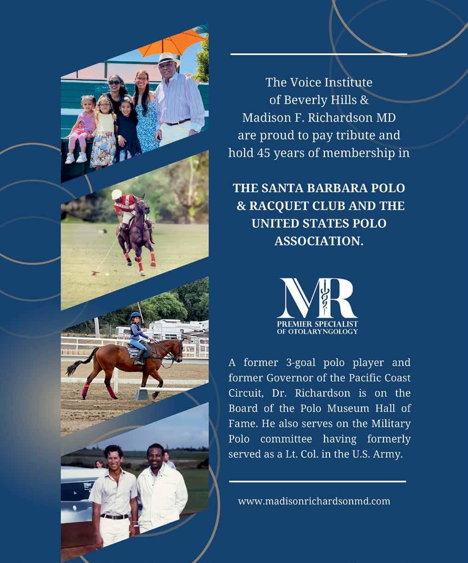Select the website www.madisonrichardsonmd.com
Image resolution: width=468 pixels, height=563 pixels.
(314, 501)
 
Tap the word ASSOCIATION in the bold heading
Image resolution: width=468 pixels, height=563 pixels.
(318, 241)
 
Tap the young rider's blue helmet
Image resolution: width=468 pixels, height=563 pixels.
(135, 315)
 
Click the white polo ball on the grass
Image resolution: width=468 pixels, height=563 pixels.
(107, 274)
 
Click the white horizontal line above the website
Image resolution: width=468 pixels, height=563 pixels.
(318, 481)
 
